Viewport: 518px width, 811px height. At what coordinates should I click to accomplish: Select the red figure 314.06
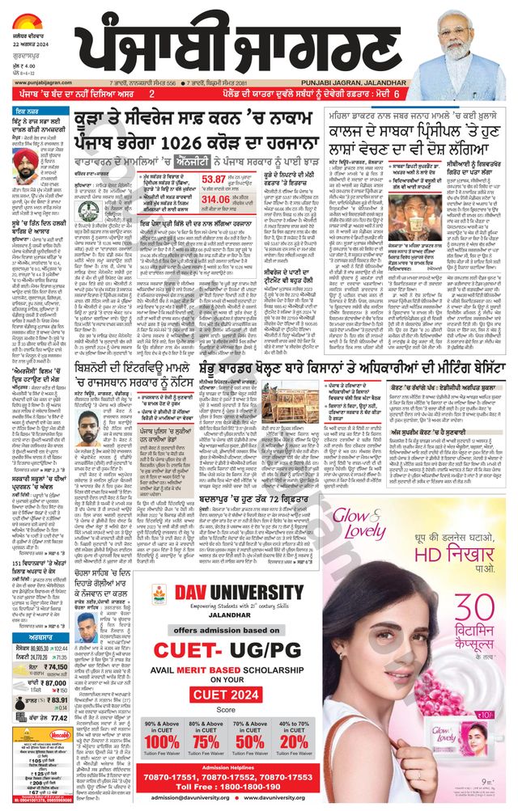[x=216, y=199]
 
